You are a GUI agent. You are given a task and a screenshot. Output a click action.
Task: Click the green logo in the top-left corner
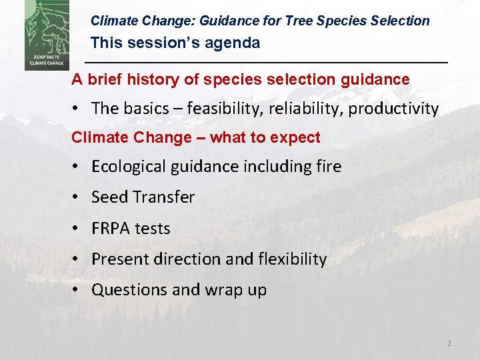point(46,35)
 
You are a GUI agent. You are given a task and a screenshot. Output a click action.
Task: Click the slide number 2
point(449,343)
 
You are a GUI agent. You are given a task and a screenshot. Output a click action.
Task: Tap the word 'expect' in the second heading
point(297,138)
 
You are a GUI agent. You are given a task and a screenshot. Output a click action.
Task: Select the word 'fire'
point(327,166)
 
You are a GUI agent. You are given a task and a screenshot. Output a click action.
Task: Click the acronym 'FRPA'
point(111,228)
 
